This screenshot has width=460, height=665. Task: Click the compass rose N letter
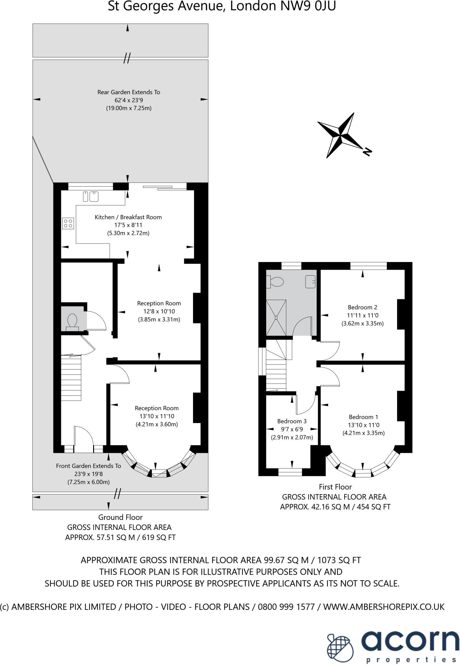367,151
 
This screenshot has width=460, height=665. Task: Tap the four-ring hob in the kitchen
68,223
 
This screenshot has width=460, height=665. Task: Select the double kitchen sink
91,196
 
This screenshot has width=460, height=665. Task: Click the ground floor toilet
72,321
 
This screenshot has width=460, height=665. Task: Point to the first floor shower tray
276,318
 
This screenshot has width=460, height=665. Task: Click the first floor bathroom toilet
274,282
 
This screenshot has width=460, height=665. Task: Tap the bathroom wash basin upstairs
310,282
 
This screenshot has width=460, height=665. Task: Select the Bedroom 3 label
292,421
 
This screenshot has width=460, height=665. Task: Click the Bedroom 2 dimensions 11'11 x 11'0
363,315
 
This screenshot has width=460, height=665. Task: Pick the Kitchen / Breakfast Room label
128,217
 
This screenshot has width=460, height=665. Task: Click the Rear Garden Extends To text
129,92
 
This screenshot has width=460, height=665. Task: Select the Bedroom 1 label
363,417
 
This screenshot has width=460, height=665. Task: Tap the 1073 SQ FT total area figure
338,560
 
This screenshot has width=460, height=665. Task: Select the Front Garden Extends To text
88,466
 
